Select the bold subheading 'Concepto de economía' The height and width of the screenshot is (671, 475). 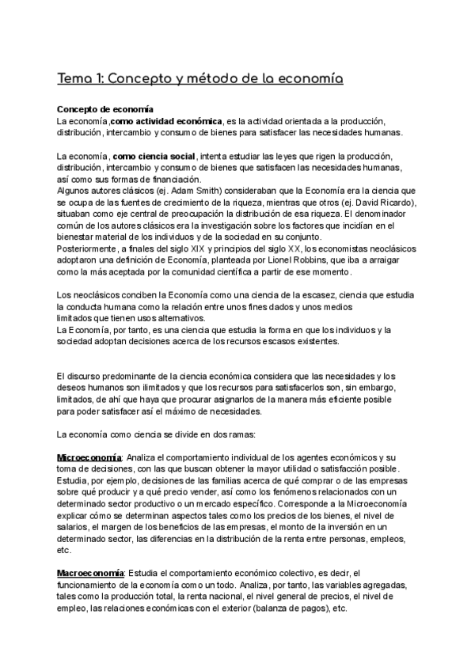coord(105,108)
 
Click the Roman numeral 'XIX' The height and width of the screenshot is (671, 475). coord(195,248)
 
